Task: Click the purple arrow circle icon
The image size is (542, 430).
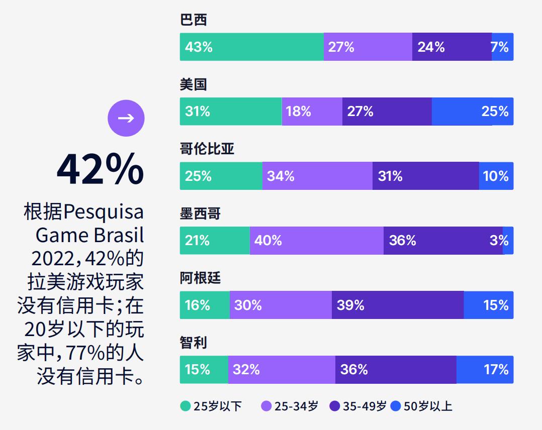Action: (x=126, y=118)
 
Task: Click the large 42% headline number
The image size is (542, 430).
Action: (x=100, y=169)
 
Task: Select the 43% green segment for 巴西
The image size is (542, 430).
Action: (x=251, y=47)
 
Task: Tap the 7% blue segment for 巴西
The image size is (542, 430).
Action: (x=502, y=47)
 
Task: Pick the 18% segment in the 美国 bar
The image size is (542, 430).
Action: (x=312, y=111)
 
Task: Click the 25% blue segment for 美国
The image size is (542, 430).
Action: (x=472, y=111)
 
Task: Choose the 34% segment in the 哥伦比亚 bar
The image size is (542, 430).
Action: (x=317, y=176)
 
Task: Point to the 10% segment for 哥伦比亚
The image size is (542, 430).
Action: (x=496, y=176)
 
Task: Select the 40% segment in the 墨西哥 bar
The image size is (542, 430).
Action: (x=316, y=240)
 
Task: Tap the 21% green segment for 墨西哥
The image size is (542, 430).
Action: (x=215, y=240)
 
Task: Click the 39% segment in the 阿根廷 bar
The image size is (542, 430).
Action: (x=397, y=305)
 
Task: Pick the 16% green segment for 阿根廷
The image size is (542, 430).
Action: (x=205, y=305)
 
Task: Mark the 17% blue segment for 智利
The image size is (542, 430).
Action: (x=485, y=370)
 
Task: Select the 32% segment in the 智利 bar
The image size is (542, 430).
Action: (x=282, y=370)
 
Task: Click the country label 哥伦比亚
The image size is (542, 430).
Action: (x=207, y=149)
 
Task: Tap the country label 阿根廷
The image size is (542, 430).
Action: (x=200, y=278)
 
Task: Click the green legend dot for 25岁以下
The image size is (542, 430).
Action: (x=186, y=406)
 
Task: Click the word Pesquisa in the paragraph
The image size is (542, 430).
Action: (x=103, y=212)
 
